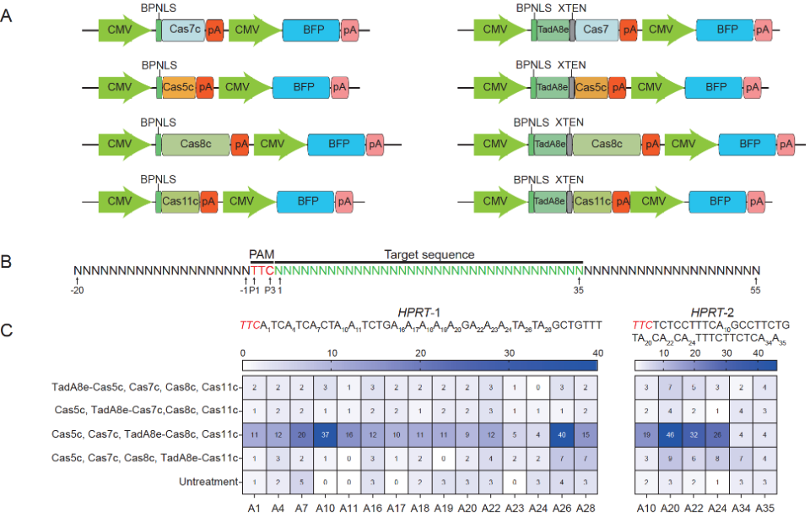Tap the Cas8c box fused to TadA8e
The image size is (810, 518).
(x=607, y=144)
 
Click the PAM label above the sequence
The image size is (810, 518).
(x=261, y=254)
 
